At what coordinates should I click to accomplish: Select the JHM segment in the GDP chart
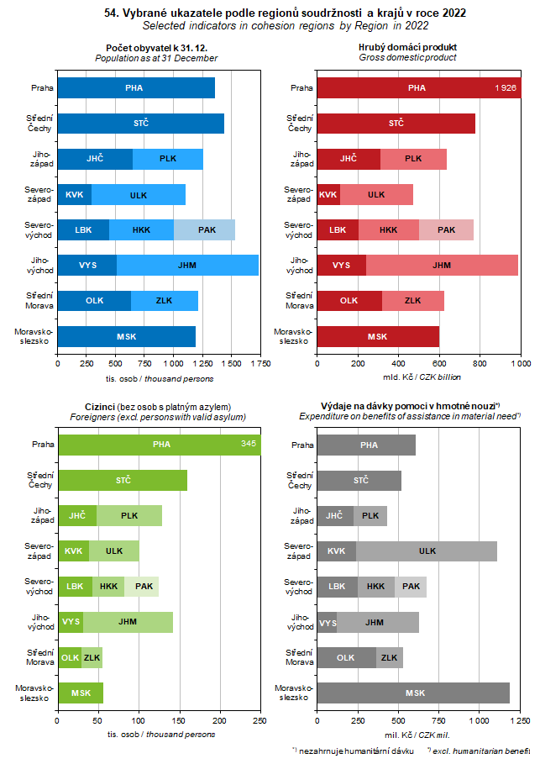tap(442, 266)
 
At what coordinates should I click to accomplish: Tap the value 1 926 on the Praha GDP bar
tap(506, 87)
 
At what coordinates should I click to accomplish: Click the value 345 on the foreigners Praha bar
tap(249, 444)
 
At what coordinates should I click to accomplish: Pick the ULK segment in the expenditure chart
tap(427, 551)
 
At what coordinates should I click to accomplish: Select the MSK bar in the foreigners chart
tap(81, 693)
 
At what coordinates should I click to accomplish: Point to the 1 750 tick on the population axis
tap(260, 364)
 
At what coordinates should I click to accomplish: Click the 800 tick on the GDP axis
tap(480, 364)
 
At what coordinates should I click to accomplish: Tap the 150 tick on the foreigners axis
tap(180, 721)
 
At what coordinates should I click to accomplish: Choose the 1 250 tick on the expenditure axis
tap(520, 721)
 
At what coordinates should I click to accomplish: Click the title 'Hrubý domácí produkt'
tap(407, 47)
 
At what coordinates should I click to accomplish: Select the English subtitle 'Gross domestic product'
tap(407, 58)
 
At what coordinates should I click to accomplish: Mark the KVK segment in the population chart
tap(74, 194)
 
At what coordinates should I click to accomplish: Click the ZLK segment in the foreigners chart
tap(92, 658)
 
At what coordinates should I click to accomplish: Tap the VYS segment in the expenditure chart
tap(328, 623)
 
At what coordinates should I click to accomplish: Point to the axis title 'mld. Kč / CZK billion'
tap(417, 377)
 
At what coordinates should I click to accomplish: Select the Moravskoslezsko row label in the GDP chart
tap(295, 336)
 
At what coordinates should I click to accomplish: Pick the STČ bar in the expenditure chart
tap(359, 481)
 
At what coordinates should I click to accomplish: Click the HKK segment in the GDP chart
tap(388, 229)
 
